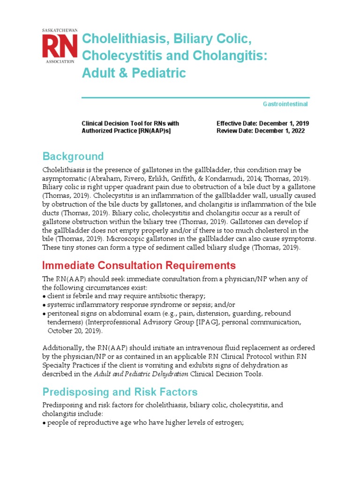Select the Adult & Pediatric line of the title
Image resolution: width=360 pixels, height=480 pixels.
[x=134, y=73]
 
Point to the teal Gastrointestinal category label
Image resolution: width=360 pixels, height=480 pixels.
[x=285, y=104]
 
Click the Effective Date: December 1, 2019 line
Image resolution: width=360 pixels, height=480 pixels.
[x=262, y=124]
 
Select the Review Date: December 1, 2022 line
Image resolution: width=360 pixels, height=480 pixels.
[x=261, y=131]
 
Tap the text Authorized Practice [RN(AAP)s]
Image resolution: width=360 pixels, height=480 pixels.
[x=126, y=131]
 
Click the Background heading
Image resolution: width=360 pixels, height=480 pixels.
[x=73, y=156]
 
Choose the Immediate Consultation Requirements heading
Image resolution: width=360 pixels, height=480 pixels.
[x=139, y=266]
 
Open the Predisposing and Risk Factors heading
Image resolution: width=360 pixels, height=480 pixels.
[x=120, y=392]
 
